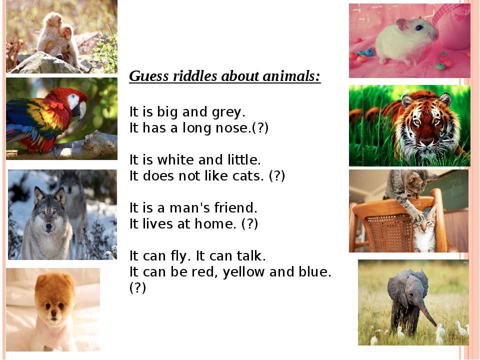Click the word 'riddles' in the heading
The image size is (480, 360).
194,76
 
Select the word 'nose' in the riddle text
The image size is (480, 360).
233,128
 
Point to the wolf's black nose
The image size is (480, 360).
48,226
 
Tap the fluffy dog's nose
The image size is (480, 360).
54,312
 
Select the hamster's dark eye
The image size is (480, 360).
419,27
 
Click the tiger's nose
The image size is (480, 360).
427,141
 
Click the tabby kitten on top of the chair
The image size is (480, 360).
407,190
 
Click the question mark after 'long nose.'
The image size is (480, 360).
260,128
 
